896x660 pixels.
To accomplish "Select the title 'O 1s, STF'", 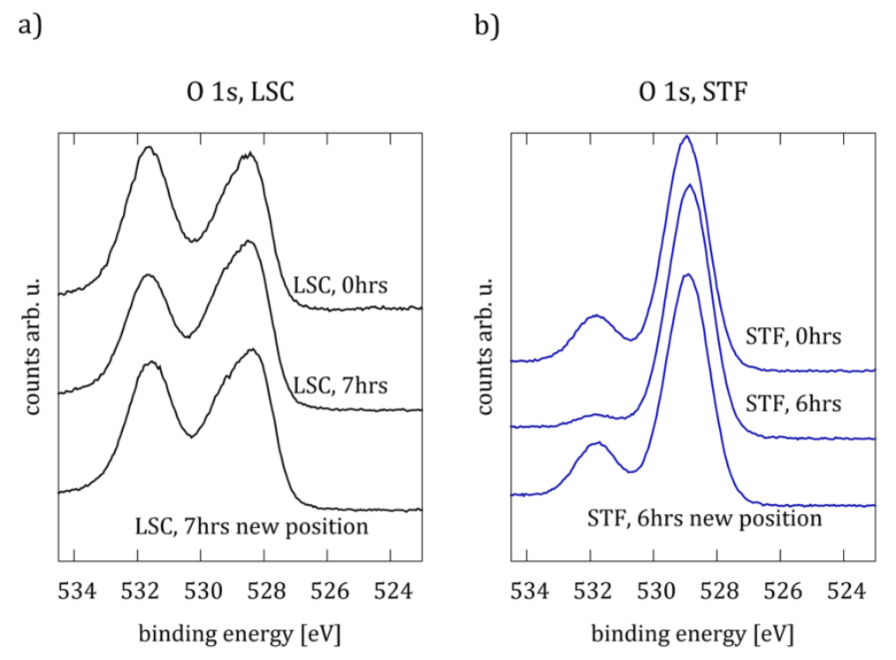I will [x=686, y=95].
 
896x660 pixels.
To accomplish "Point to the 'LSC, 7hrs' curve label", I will [x=341, y=386].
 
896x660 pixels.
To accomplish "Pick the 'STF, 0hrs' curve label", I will [x=793, y=336].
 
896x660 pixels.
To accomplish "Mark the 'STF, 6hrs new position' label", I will [x=704, y=517].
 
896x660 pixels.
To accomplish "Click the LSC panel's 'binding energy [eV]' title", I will [x=239, y=633].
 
